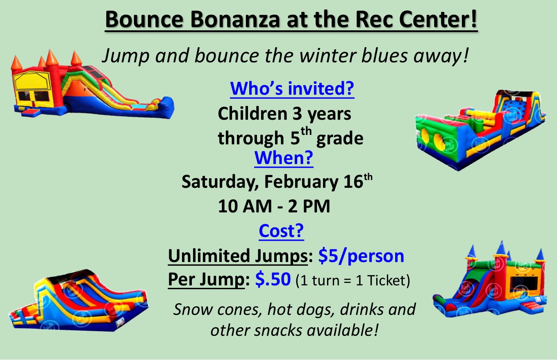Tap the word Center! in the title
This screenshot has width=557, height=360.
pos(438,19)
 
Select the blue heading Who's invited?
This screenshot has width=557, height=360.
pos(292,88)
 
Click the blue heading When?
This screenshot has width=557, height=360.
pos(284,158)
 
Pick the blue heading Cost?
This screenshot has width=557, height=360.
pos(281,230)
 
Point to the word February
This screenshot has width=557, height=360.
pos(301,182)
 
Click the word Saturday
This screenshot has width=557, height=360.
pos(220,182)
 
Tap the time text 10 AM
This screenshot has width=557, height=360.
pos(245,206)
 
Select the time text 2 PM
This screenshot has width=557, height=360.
pos(309,206)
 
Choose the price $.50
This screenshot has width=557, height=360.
pos(273,279)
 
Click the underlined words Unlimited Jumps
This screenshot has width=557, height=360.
pos(238,256)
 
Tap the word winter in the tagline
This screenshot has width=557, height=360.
pos(328,55)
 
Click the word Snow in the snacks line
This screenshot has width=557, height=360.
pos(193,309)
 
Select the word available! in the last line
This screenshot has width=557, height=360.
pos(342,330)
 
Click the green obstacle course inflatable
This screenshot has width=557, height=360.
pos(480,130)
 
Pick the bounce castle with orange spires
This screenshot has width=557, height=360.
pos(93,84)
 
